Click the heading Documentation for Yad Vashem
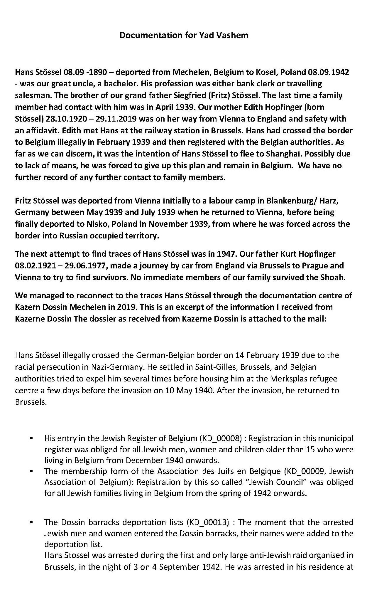[x=184, y=35]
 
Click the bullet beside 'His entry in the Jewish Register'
[x=31, y=439]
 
